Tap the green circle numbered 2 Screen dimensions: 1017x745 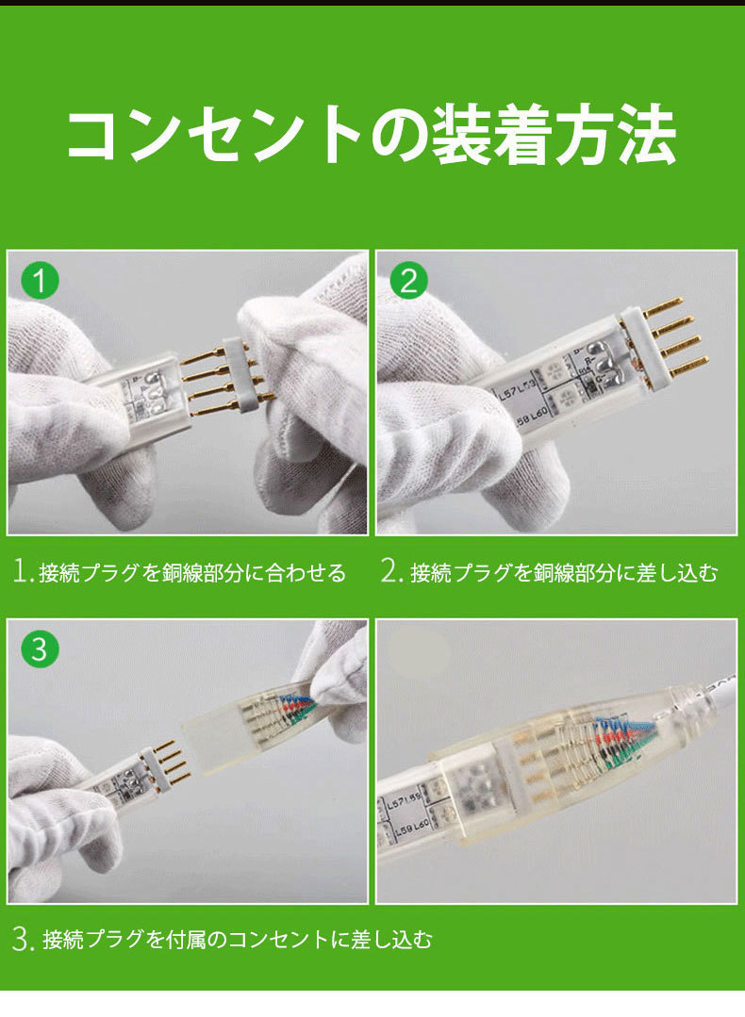coord(408,281)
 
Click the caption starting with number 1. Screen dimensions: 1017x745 coord(180,572)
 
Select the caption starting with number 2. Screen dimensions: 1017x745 coord(550,572)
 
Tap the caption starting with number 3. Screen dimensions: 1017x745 coord(223,939)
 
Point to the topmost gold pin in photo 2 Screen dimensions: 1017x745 coord(664,306)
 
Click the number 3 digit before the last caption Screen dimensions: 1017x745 coord(22,939)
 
